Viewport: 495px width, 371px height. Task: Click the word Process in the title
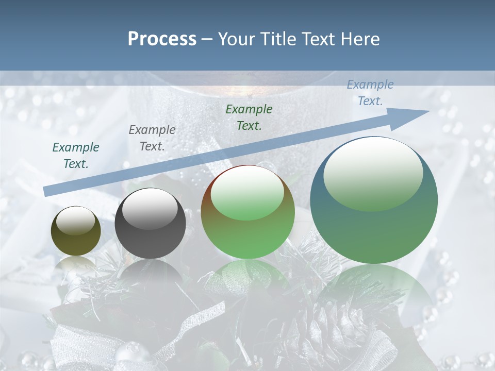[162, 39]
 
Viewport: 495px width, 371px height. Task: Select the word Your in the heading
[236, 39]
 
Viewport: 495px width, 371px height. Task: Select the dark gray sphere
[150, 224]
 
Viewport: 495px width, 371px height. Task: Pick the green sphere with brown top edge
[247, 212]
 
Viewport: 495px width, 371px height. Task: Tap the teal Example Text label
[76, 155]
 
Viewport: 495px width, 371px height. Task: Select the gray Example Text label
[152, 138]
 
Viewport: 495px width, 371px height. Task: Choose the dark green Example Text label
[249, 117]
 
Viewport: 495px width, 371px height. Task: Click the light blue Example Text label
[370, 93]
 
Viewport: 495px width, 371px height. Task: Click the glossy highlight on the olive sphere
[75, 221]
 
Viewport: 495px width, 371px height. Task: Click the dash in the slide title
[207, 39]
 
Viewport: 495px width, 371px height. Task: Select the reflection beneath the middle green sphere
[247, 278]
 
